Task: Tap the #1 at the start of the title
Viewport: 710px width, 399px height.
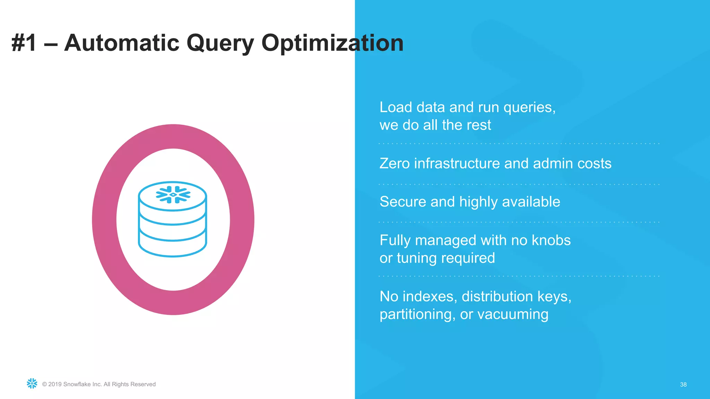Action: (24, 43)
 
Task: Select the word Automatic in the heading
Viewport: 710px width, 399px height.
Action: (122, 43)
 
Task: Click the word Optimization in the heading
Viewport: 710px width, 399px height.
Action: (332, 43)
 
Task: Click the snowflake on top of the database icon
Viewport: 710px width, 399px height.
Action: (173, 195)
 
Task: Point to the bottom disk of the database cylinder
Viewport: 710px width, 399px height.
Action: (172, 248)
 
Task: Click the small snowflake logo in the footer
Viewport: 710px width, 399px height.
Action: (32, 383)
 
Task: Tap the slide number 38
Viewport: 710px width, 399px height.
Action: (683, 384)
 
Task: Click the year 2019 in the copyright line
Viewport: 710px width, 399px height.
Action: (55, 384)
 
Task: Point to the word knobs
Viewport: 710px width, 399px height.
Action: (551, 240)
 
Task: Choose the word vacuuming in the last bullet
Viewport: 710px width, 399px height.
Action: (513, 314)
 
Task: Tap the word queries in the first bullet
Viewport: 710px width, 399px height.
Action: (529, 108)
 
